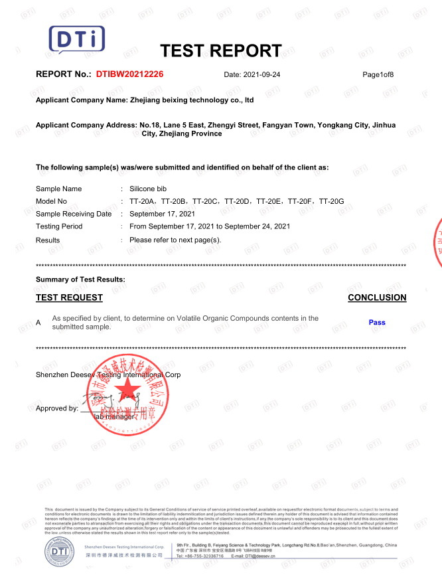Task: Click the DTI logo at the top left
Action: pyautogui.click(x=78, y=40)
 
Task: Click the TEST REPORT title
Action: pyautogui.click(x=221, y=50)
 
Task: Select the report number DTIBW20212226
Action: pyautogui.click(x=129, y=74)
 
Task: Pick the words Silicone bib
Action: pyautogui.click(x=151, y=189)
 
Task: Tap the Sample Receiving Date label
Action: pyautogui.click(x=74, y=214)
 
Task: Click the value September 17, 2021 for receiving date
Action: pyautogui.click(x=162, y=214)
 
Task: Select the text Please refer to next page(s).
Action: pyautogui.click(x=175, y=240)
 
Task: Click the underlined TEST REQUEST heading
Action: pyautogui.click(x=69, y=297)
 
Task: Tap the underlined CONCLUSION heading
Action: pyautogui.click(x=377, y=297)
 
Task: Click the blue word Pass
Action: pyautogui.click(x=377, y=323)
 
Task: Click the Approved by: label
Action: pyautogui.click(x=57, y=408)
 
